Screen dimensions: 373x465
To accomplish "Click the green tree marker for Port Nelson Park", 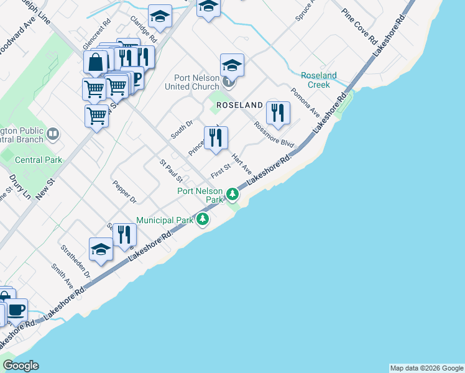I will coord(233,195).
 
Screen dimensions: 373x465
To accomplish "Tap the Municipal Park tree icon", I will coord(203,219).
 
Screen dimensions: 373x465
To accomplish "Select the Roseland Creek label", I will coord(318,80).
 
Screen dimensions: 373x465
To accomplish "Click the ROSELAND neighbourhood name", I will coord(239,106).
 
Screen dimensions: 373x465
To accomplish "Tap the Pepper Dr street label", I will coord(124,192).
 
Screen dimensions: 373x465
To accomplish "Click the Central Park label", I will coord(39,160).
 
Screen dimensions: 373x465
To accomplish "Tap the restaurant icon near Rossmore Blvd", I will coord(278,113).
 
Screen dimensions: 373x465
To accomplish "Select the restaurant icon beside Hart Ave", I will coord(216,138).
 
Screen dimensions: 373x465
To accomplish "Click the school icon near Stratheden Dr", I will coord(101,249).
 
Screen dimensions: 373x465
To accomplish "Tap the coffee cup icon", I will coord(17,309).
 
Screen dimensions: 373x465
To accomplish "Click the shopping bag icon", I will coord(96,62).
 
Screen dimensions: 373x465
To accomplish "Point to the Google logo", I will coord(21,366).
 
